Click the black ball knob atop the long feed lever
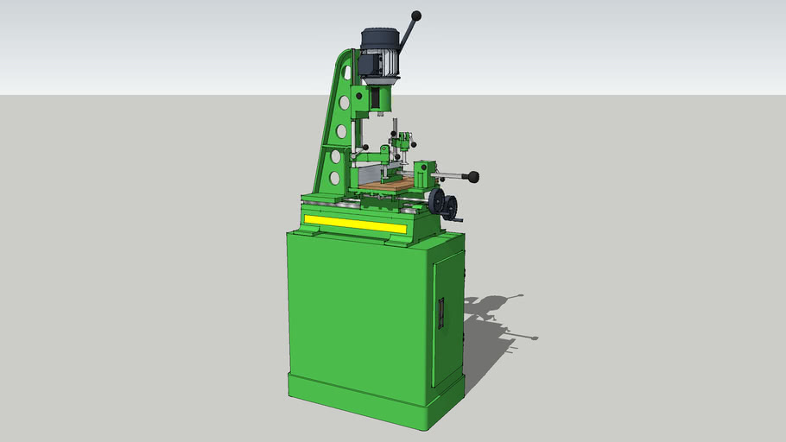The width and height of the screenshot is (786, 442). point(416,16)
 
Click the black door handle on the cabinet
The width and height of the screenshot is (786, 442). point(441,313)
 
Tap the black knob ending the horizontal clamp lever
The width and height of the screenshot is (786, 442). point(473,177)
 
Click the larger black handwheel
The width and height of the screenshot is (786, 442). point(438,204)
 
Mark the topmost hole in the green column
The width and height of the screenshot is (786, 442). point(345,103)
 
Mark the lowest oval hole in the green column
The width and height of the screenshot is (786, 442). point(334,179)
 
